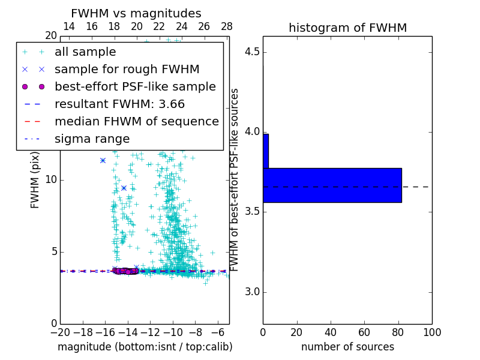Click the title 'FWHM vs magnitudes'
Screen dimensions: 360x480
point(136,14)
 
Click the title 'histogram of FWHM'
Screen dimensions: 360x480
point(347,28)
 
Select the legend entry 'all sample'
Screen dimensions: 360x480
point(85,52)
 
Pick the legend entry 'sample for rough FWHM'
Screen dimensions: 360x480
point(127,70)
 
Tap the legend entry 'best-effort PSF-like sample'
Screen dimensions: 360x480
point(135,87)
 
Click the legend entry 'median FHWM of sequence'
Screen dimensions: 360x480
point(136,122)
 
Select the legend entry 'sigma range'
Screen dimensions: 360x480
point(92,139)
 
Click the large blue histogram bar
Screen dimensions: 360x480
point(332,185)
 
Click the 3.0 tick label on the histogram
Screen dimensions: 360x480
point(251,292)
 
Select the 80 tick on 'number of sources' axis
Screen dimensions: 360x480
point(398,332)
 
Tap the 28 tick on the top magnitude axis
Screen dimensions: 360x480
point(227,26)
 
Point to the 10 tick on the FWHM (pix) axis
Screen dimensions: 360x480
point(50,180)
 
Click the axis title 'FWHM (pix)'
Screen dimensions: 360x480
point(35,181)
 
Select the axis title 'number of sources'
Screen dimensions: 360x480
point(347,347)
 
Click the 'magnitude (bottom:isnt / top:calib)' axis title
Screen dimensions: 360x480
point(145,347)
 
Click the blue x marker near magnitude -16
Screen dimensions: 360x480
point(103,160)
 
